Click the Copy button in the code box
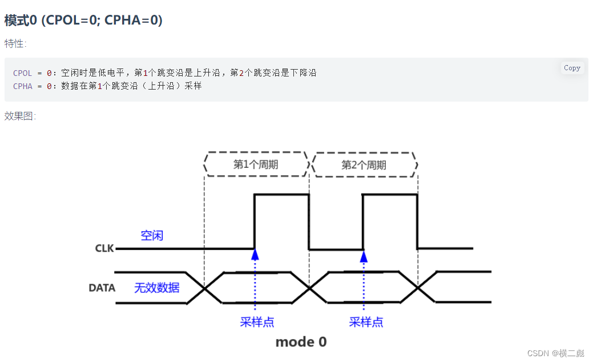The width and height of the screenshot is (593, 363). [x=572, y=68]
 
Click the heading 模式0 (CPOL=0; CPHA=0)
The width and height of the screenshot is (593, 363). [x=83, y=21]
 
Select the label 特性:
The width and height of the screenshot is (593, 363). [x=15, y=43]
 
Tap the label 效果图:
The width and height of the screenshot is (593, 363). [x=20, y=116]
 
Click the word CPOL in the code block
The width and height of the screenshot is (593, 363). [x=22, y=73]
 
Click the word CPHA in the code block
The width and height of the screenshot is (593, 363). [x=22, y=86]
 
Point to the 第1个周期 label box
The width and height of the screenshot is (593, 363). [x=256, y=165]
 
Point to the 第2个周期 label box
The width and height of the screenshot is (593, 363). [x=364, y=165]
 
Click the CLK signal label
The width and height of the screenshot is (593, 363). [x=104, y=249]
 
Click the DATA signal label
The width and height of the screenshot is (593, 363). [x=102, y=288]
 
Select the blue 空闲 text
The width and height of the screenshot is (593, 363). [x=152, y=235]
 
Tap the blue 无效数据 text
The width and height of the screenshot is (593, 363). [x=157, y=288]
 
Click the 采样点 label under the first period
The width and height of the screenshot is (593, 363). [x=257, y=322]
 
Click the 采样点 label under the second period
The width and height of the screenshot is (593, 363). [x=366, y=322]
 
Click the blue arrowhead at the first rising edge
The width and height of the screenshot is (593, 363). [x=255, y=255]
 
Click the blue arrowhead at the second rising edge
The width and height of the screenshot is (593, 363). [x=364, y=256]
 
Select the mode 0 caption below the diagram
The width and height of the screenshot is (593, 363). [x=301, y=342]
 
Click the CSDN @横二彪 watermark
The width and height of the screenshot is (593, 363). [x=555, y=353]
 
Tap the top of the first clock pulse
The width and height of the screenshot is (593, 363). [x=282, y=195]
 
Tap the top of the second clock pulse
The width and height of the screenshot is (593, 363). [x=390, y=195]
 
